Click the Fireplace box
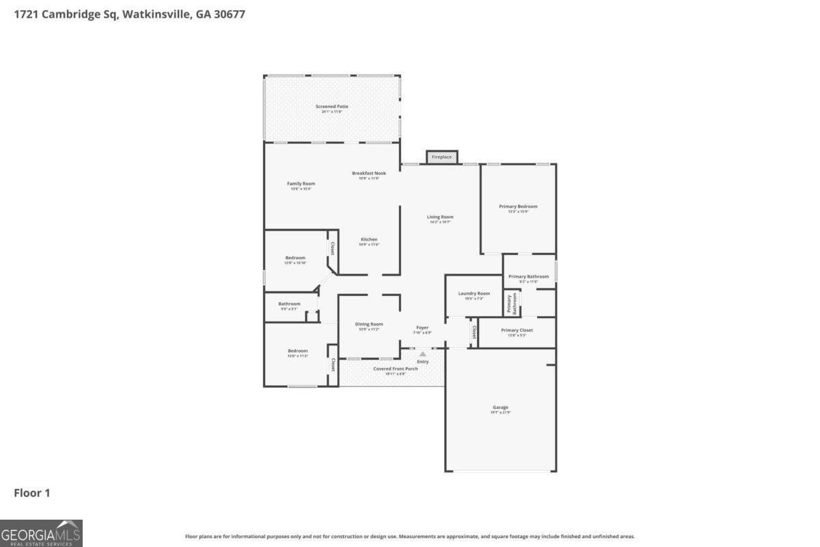[441, 157]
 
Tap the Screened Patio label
[331, 107]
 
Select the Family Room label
[301, 184]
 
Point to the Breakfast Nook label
[369, 174]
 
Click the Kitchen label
[369, 240]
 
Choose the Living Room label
[440, 217]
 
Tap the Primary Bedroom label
[518, 206]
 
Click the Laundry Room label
[474, 294]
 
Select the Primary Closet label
[517, 331]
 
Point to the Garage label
[500, 408]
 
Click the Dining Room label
[369, 325]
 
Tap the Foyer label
[422, 328]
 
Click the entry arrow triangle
[422, 353]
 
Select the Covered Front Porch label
[395, 369]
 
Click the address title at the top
[129, 14]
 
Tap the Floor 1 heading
[32, 493]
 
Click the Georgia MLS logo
[41, 533]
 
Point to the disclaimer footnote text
[410, 537]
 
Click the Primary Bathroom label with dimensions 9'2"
[528, 277]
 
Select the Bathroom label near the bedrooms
[289, 304]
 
